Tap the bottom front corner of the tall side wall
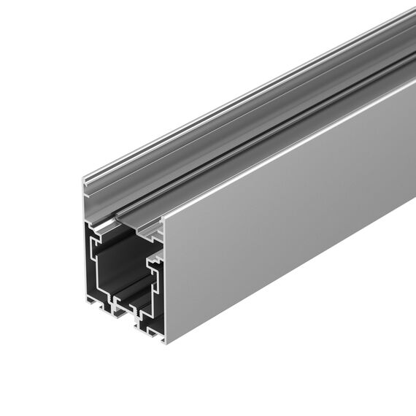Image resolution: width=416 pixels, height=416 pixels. click(x=164, y=342)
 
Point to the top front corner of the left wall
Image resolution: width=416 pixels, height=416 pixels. click(x=85, y=179)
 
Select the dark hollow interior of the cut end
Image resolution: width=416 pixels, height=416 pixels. click(x=120, y=263)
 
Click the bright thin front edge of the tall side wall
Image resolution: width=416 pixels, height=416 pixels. click(x=164, y=281)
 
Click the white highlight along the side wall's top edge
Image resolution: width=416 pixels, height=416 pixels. click(x=292, y=143)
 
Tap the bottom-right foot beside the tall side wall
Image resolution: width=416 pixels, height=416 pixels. click(x=153, y=332)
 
